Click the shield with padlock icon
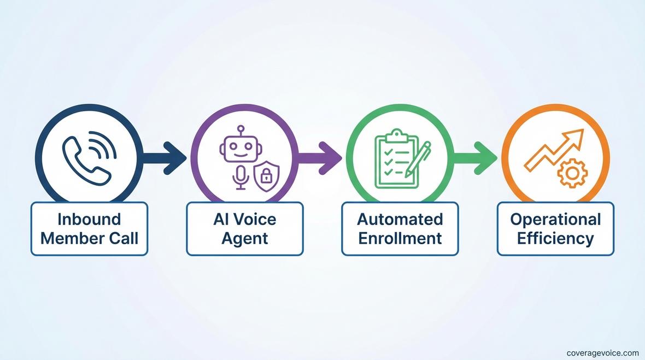click(265, 175)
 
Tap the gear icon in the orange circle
click(572, 174)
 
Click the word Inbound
click(89, 220)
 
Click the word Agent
click(245, 238)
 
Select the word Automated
click(400, 220)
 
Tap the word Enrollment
click(400, 238)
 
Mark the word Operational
click(555, 220)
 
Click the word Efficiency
click(555, 238)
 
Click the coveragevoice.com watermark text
click(602, 353)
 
